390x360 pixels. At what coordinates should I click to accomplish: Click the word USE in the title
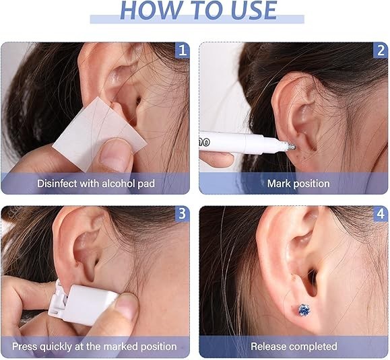[247, 10]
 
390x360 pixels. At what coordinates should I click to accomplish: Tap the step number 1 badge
[182, 50]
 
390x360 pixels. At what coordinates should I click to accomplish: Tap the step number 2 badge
[381, 50]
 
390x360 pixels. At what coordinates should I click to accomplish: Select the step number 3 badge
[182, 213]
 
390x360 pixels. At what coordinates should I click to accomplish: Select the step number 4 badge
[381, 213]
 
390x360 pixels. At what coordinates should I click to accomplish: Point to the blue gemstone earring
[304, 310]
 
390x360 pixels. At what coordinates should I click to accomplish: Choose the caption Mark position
[298, 183]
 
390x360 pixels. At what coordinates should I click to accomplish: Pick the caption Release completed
[294, 347]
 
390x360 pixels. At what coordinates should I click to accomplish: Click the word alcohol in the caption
[115, 183]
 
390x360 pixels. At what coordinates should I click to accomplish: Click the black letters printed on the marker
[207, 137]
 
